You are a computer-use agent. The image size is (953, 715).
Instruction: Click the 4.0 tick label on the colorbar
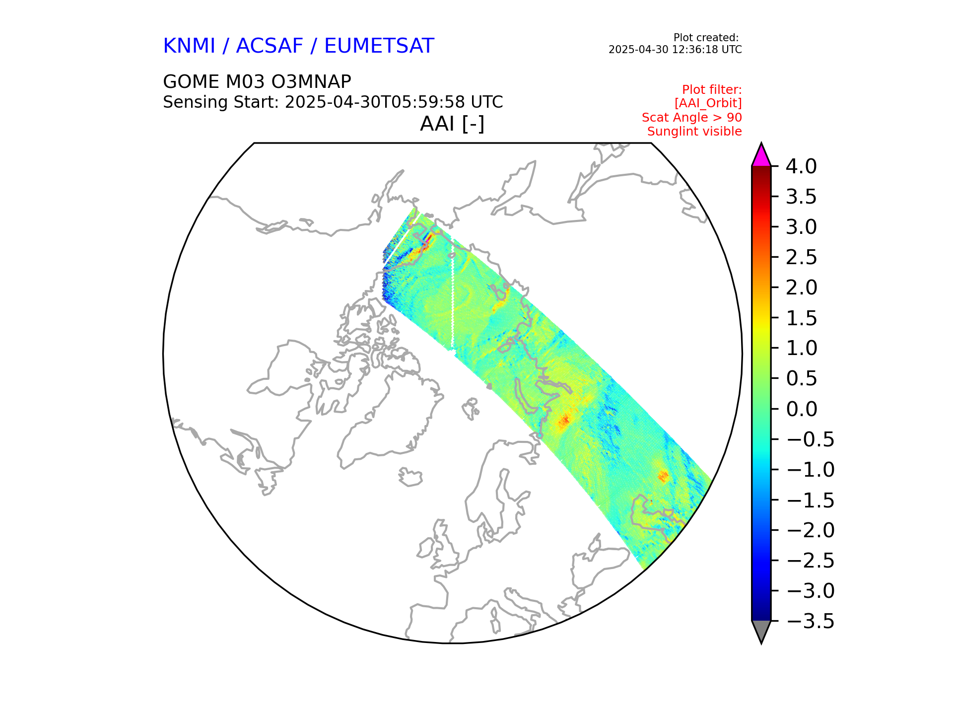pos(801,167)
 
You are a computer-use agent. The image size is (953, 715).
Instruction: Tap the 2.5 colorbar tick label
pos(801,258)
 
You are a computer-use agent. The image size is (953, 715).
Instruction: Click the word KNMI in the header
pos(189,46)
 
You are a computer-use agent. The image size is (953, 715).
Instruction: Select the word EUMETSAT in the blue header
pos(379,46)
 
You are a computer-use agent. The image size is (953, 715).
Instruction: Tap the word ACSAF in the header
pos(269,46)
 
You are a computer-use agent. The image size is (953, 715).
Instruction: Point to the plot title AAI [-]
pos(452,124)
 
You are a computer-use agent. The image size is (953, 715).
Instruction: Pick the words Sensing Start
pos(220,102)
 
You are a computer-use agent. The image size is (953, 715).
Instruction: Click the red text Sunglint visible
pos(694,132)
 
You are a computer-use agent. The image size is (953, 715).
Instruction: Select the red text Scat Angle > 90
pos(691,118)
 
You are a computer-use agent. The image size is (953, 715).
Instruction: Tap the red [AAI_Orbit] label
pos(708,103)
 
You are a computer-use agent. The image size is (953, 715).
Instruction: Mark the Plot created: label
pos(705,38)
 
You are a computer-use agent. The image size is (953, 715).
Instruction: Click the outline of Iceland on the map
pos(410,477)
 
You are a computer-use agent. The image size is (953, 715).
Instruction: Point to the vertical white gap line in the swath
pos(453,303)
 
